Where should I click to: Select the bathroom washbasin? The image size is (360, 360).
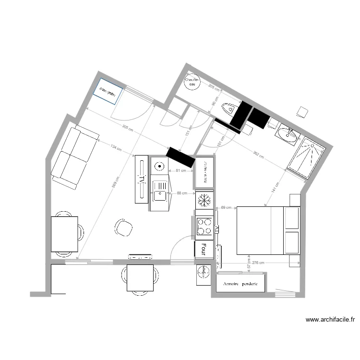coord(287,134)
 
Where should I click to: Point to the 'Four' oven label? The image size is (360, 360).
coord(204,249)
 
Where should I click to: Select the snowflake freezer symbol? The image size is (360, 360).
coord(204,200)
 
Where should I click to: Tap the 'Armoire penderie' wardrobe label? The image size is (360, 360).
coord(240,284)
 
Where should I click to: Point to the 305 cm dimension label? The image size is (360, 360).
coord(126,128)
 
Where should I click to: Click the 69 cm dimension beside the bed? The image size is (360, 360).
coord(226,208)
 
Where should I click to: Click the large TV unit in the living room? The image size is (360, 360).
coord(142,179)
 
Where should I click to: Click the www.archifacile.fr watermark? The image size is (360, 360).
coord(330,319)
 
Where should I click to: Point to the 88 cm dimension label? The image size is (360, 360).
coord(182,193)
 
